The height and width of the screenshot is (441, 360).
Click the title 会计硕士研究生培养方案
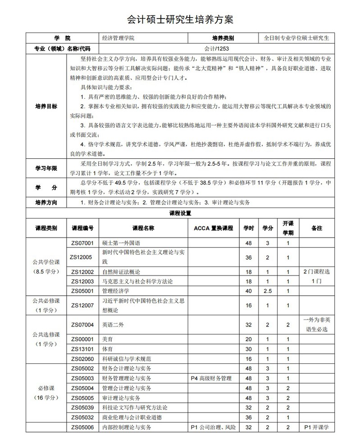click(180, 20)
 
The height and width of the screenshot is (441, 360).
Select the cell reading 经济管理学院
click(118, 38)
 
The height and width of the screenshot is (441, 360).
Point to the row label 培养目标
click(46, 106)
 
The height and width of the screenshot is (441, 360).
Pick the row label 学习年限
click(46, 168)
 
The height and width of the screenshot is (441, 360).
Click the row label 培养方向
click(46, 202)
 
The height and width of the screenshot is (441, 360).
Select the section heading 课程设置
click(180, 212)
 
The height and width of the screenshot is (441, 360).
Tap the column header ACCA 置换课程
click(213, 228)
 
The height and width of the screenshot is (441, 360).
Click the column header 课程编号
click(82, 228)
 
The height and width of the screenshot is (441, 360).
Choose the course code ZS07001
click(82, 243)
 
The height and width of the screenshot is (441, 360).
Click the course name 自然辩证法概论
click(122, 272)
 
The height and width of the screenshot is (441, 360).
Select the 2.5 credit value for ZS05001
click(268, 291)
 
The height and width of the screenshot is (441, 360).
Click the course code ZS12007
click(82, 305)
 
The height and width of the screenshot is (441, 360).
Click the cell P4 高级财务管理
click(211, 378)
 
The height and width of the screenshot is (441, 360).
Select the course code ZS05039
click(82, 407)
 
